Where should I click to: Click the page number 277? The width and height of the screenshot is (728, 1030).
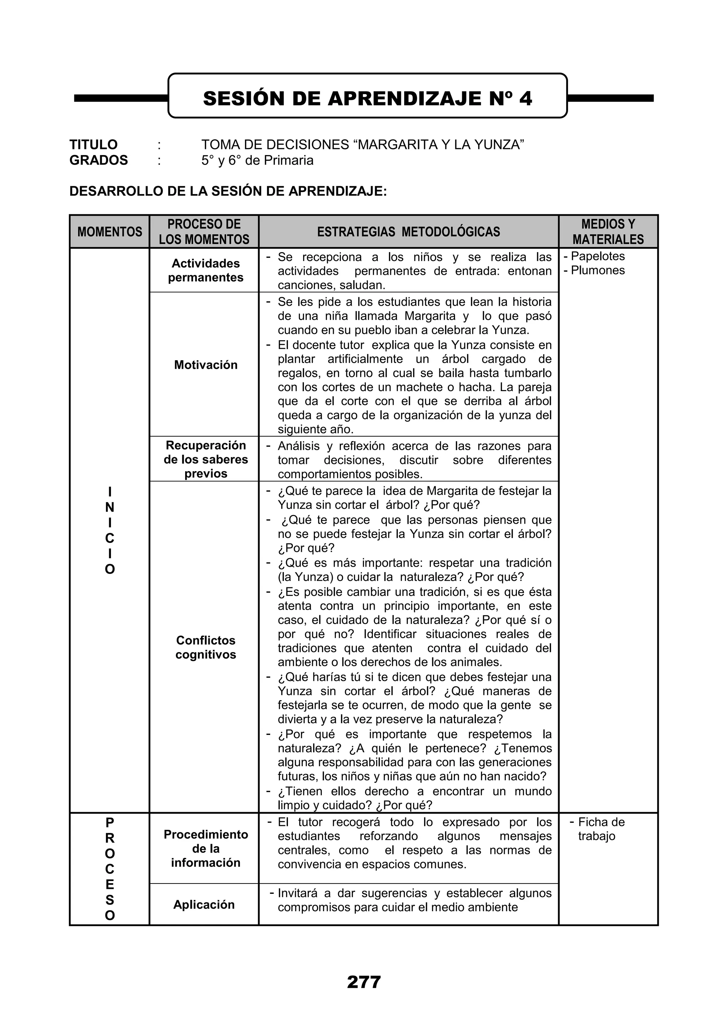point(364,982)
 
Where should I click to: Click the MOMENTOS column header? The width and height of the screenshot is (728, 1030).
point(109,232)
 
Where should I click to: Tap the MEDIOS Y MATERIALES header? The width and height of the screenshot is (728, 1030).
point(608,232)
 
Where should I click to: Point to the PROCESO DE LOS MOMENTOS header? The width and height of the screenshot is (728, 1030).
point(204,232)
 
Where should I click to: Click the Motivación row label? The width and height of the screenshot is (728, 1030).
point(205,365)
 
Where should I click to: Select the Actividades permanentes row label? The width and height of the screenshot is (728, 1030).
point(205,270)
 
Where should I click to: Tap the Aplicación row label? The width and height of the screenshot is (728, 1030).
point(204,904)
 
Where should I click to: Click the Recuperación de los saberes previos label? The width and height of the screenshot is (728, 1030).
point(205,459)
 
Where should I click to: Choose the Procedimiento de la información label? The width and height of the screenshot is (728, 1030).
point(205,848)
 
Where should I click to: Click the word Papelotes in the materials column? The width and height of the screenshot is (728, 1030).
point(598,256)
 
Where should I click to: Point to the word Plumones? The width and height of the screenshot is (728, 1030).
point(598,270)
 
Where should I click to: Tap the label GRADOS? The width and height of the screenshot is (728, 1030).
point(99,160)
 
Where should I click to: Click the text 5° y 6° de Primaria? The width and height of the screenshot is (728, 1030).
point(257,160)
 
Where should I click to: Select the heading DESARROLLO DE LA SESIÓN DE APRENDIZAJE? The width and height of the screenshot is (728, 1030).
point(228,191)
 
